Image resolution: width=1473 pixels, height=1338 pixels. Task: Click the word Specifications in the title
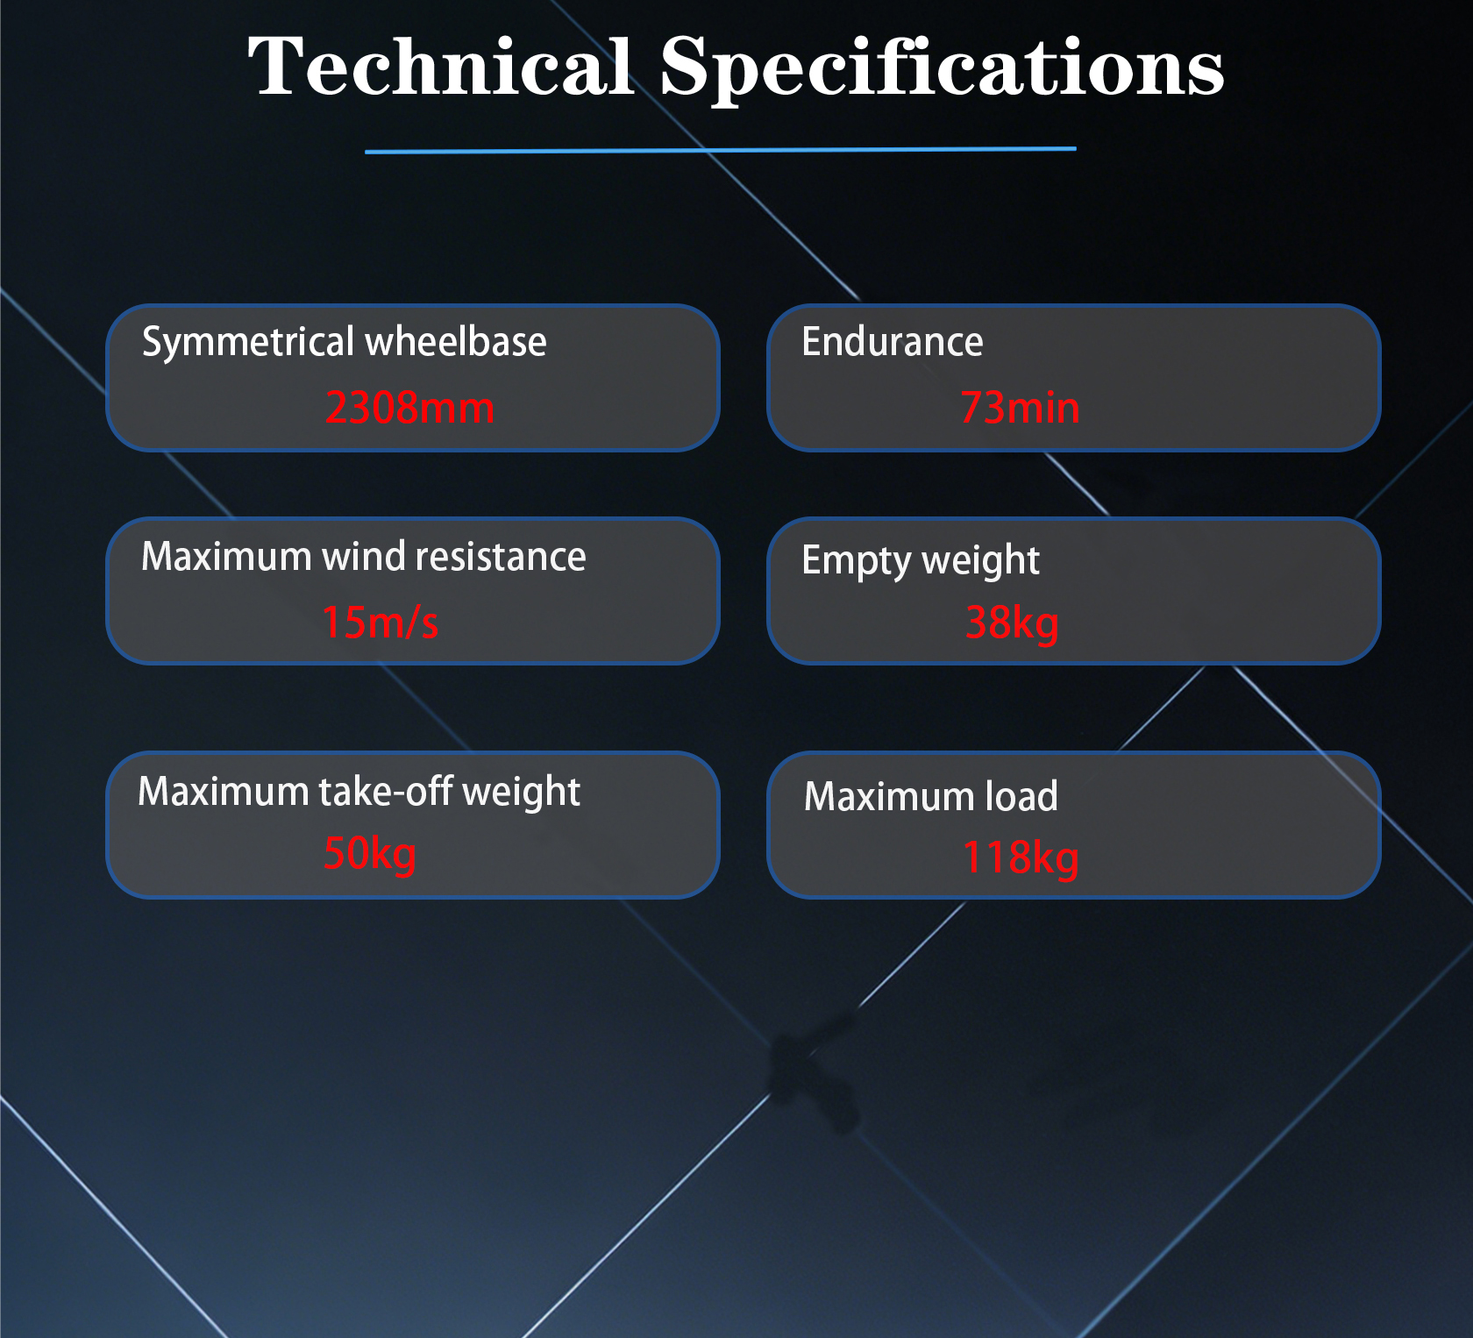click(x=943, y=71)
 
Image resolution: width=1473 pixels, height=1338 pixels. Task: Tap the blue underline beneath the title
click(x=720, y=150)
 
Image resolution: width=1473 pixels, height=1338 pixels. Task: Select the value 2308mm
click(x=409, y=408)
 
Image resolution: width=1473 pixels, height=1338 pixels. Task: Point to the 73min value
click(x=1020, y=408)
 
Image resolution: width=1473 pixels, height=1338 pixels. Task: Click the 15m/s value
click(x=380, y=623)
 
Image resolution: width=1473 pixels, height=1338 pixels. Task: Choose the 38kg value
click(x=1012, y=623)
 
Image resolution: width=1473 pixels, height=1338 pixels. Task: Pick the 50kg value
click(x=370, y=854)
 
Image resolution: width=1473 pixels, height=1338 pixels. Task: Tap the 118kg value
click(x=1021, y=858)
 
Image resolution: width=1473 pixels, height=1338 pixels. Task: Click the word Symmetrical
click(x=248, y=342)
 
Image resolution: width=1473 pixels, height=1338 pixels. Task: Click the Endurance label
click(x=893, y=341)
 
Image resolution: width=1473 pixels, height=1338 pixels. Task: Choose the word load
click(x=1021, y=796)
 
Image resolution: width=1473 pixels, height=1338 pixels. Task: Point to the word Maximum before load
click(x=889, y=797)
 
